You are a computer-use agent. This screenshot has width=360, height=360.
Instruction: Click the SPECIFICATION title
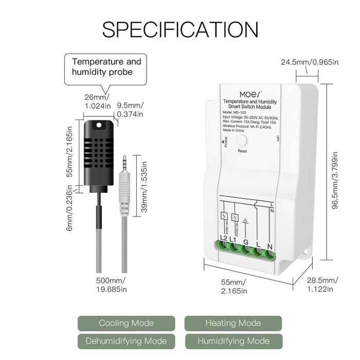180,29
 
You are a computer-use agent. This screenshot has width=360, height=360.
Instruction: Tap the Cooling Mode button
126,323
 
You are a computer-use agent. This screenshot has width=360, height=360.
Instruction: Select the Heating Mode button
233,323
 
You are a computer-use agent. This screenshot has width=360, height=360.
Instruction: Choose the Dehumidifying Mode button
126,341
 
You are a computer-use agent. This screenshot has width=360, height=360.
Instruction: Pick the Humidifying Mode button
233,341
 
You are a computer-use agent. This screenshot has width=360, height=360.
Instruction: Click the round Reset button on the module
242,140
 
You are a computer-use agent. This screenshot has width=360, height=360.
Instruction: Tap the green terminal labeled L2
224,248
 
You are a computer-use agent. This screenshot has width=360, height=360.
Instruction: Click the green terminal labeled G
246,249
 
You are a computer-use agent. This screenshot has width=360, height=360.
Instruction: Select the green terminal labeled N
269,252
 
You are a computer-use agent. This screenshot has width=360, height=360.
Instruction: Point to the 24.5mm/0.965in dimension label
309,62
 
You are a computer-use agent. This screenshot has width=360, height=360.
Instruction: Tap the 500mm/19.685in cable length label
111,285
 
